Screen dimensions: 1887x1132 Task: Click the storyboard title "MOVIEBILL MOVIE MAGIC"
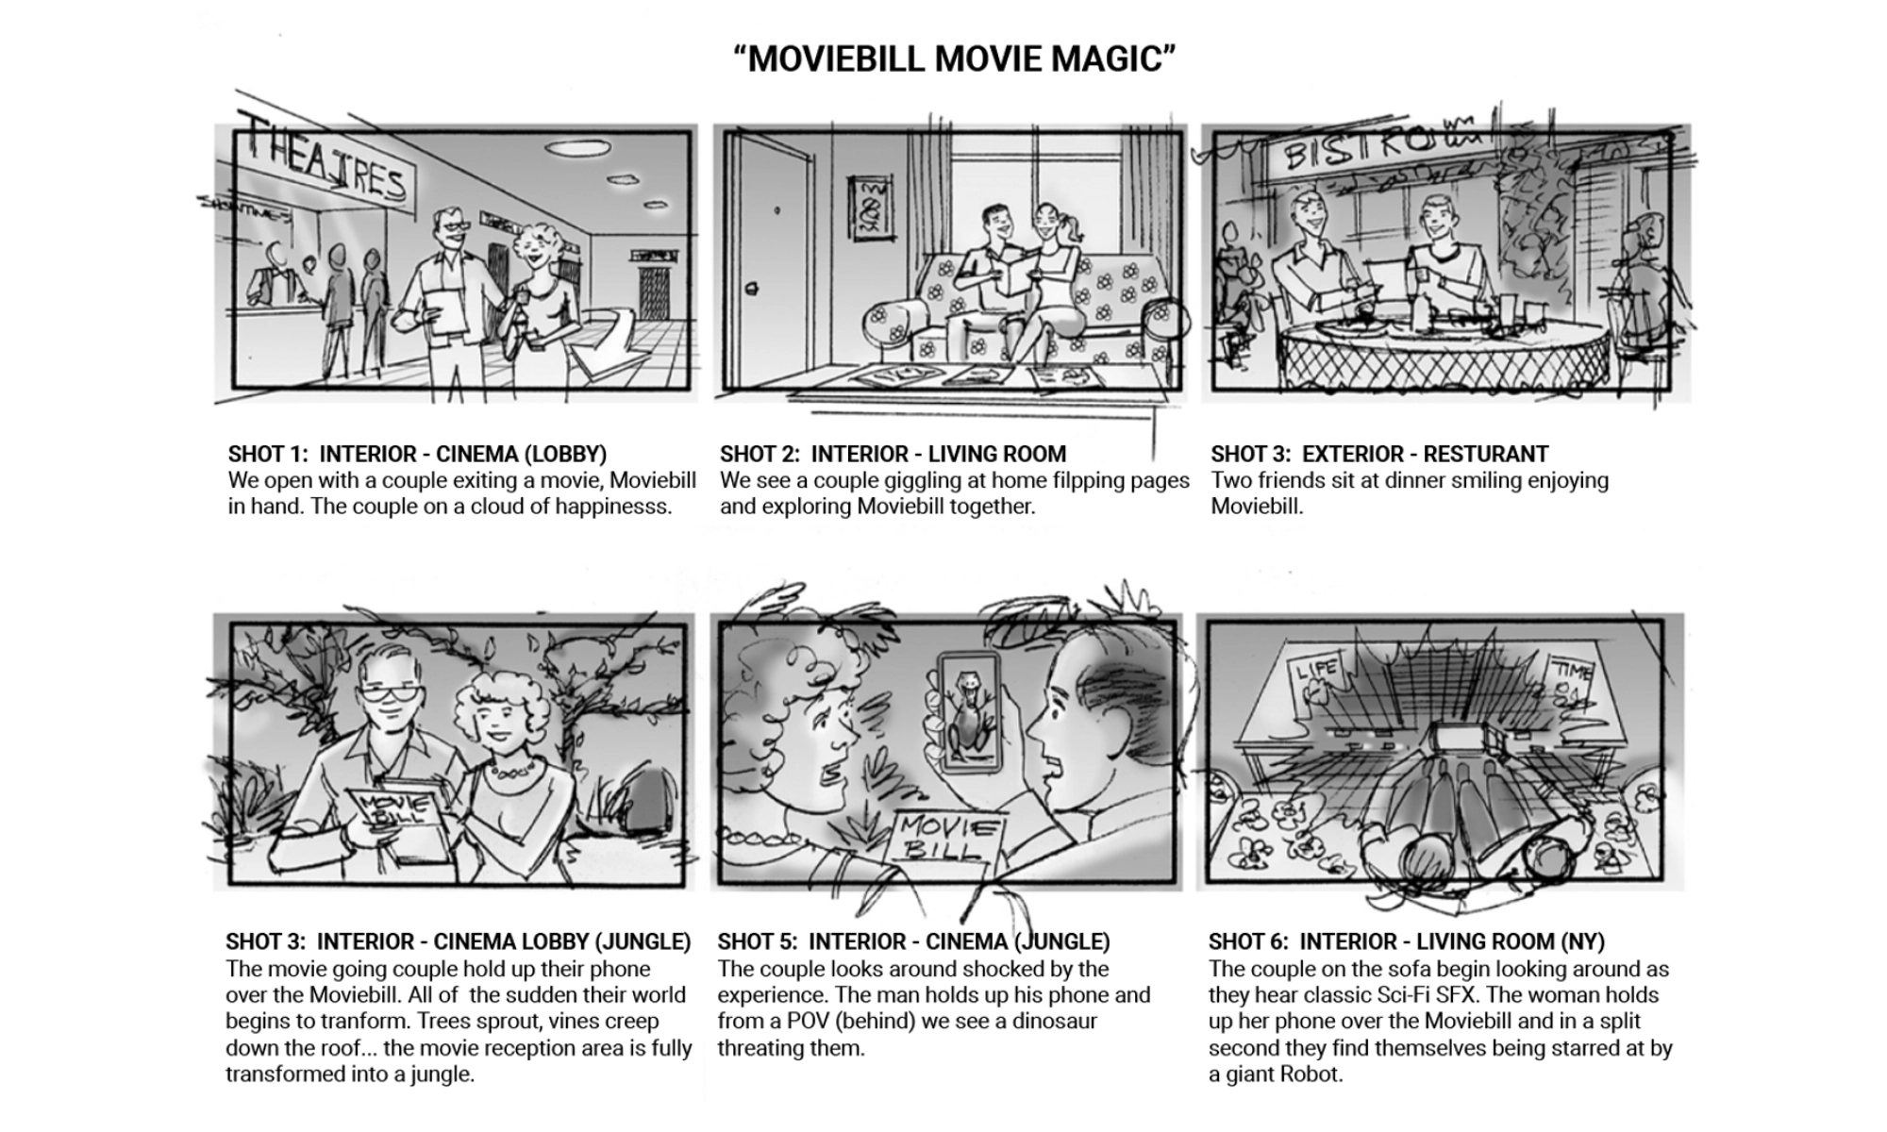(x=955, y=58)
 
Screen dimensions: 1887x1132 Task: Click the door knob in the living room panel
(x=752, y=289)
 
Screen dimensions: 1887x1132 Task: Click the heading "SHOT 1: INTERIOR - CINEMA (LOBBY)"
(x=418, y=454)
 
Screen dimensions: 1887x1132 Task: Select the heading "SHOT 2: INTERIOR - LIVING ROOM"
(x=893, y=454)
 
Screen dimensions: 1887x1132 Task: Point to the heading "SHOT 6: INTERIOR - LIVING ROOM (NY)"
(x=1407, y=941)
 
